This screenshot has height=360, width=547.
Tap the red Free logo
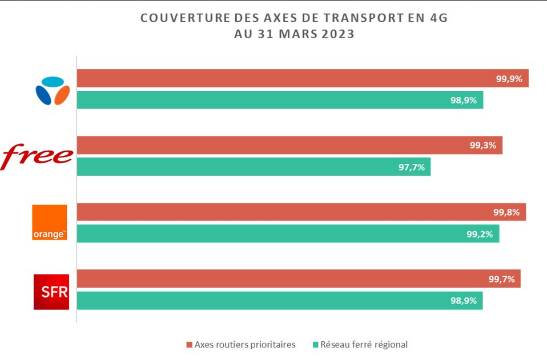[38, 156]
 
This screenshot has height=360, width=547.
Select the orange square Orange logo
[50, 222]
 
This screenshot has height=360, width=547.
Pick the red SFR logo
[51, 292]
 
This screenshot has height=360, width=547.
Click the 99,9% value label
[509, 79]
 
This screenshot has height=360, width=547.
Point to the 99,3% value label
[482, 145]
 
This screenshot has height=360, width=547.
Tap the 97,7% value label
[411, 167]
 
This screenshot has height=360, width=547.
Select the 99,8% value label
[506, 212]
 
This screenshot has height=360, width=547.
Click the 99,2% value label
[480, 233]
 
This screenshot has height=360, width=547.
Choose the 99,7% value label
[501, 279]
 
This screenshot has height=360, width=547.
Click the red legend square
[190, 345]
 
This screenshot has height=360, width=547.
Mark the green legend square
[315, 345]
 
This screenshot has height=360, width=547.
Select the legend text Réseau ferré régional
[364, 345]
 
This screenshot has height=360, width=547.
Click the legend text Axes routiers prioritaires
[245, 345]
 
